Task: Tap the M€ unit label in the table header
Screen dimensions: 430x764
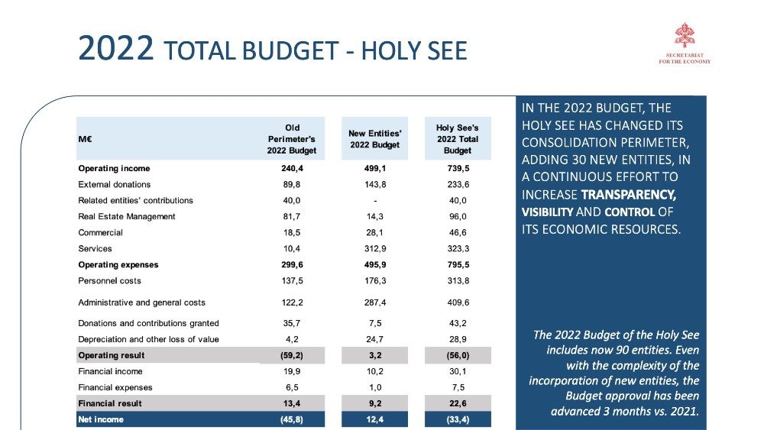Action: [86, 139]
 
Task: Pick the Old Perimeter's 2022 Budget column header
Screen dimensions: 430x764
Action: [292, 139]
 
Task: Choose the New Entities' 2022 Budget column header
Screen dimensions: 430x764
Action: [374, 139]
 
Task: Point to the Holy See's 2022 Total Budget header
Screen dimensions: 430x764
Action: [457, 139]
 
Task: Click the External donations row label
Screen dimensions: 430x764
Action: [115, 184]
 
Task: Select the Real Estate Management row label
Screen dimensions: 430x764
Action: [127, 216]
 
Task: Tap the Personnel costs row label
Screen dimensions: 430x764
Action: [110, 281]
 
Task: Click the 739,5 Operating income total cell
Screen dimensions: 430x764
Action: [457, 168]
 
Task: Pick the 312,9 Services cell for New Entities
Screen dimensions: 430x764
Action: [374, 248]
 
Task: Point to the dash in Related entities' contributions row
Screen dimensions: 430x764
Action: [374, 200]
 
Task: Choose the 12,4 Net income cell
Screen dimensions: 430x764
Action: [374, 419]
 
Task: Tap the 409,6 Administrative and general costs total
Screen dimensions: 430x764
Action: [457, 302]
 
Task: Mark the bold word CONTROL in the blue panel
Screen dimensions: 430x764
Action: [630, 212]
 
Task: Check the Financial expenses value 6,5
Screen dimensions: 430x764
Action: [292, 387]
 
